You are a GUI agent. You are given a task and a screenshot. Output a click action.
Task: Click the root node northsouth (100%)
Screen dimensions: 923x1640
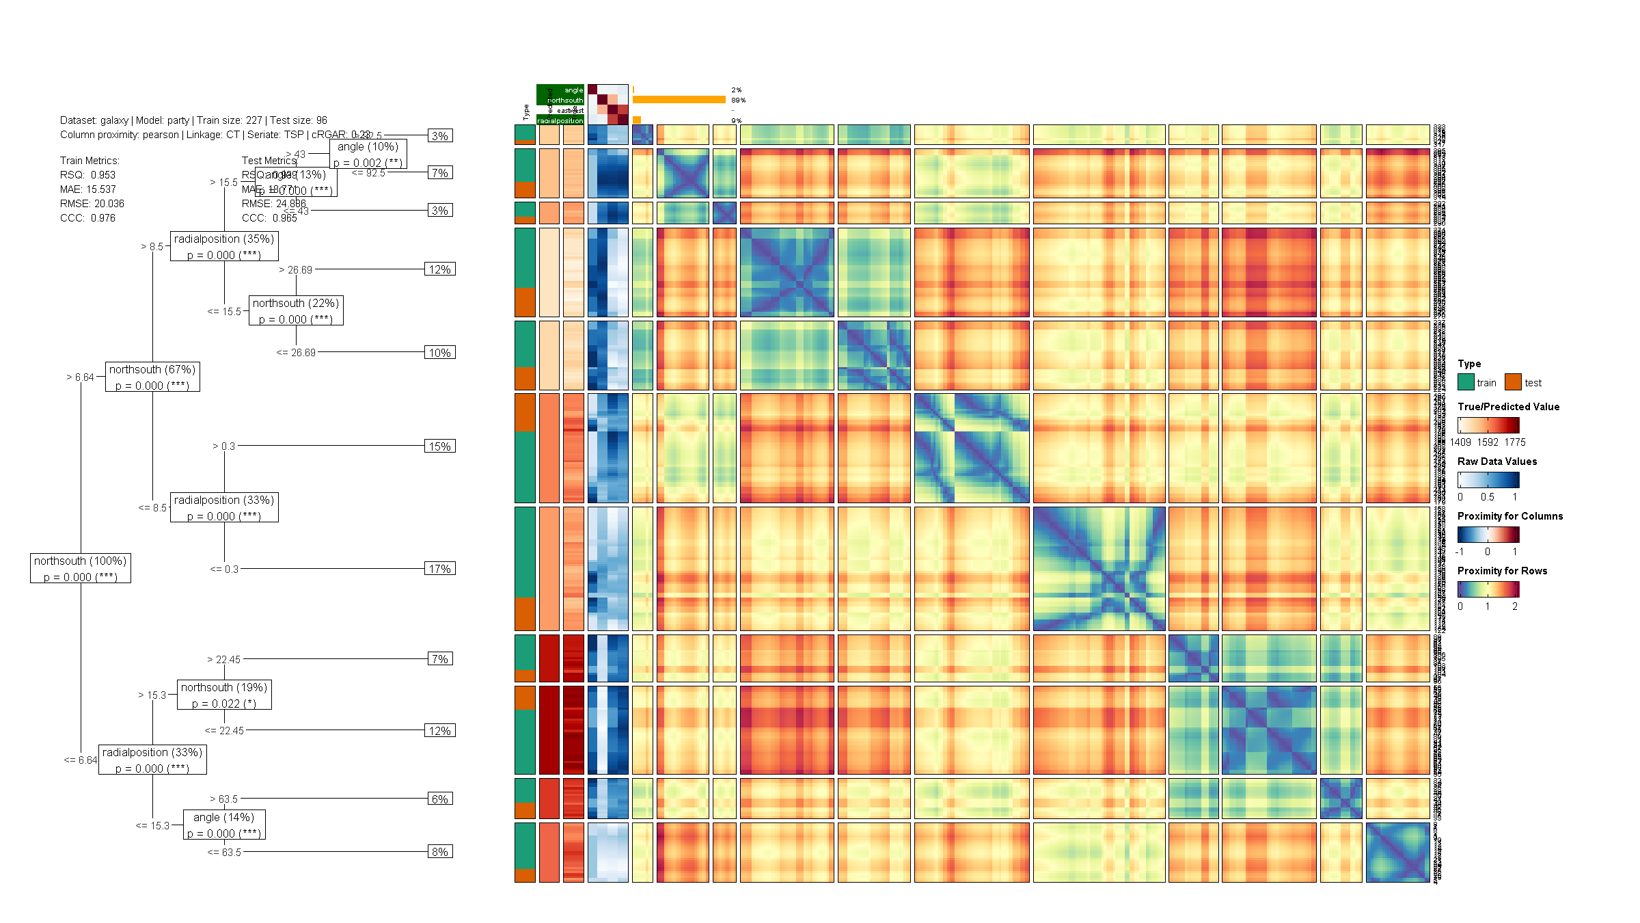click(81, 568)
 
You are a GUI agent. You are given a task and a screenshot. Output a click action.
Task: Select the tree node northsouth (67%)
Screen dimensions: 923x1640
click(152, 377)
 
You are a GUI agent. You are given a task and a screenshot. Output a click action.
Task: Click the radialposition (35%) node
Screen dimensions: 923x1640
click(224, 246)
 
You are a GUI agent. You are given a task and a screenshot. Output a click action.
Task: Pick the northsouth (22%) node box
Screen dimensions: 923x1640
click(296, 310)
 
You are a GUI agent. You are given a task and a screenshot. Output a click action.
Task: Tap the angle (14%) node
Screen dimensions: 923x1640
click(224, 825)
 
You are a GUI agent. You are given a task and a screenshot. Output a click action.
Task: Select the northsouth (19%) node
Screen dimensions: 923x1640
click(224, 695)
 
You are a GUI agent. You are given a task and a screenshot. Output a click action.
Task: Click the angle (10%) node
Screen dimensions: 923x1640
click(368, 154)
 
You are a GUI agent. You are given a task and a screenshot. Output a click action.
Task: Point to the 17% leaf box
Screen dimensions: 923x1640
click(439, 569)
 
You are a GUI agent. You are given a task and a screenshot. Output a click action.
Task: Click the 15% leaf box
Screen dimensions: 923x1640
click(439, 446)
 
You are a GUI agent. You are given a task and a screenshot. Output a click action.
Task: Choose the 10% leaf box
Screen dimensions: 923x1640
click(439, 353)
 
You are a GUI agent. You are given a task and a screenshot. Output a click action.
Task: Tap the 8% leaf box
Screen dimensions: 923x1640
click(439, 852)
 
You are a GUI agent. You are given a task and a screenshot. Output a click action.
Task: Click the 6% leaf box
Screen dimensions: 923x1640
click(439, 799)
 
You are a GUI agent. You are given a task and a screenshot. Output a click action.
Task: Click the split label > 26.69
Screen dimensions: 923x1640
click(295, 270)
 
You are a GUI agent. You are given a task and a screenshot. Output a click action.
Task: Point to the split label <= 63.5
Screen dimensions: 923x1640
click(224, 853)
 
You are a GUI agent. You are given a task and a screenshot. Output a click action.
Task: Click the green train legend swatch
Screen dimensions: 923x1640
click(1466, 382)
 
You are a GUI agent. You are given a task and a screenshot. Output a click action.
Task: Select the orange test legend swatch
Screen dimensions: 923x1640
click(1513, 382)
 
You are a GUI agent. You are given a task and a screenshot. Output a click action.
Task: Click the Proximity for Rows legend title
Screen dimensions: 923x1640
click(1502, 571)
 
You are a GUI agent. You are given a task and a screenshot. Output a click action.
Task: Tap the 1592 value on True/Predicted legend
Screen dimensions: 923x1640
click(1488, 442)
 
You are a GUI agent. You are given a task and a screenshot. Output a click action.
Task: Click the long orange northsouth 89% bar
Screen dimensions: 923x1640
click(679, 100)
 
